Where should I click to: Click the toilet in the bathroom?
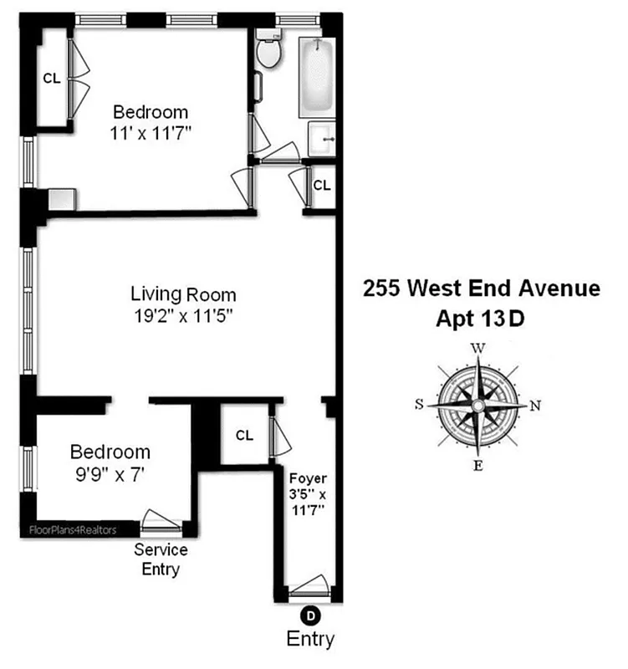[268, 52]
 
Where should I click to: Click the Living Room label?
[183, 294]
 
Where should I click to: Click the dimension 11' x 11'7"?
[151, 132]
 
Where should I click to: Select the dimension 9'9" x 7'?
[110, 473]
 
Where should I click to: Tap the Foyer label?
[308, 478]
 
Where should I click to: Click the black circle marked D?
[310, 616]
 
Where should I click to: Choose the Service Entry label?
[161, 560]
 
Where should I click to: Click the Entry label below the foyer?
[310, 640]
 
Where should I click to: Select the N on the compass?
[536, 406]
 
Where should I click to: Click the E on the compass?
[477, 466]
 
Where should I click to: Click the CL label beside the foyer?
[244, 435]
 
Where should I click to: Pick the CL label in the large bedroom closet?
[52, 79]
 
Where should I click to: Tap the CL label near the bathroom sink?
[321, 185]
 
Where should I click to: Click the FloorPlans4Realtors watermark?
[70, 529]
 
